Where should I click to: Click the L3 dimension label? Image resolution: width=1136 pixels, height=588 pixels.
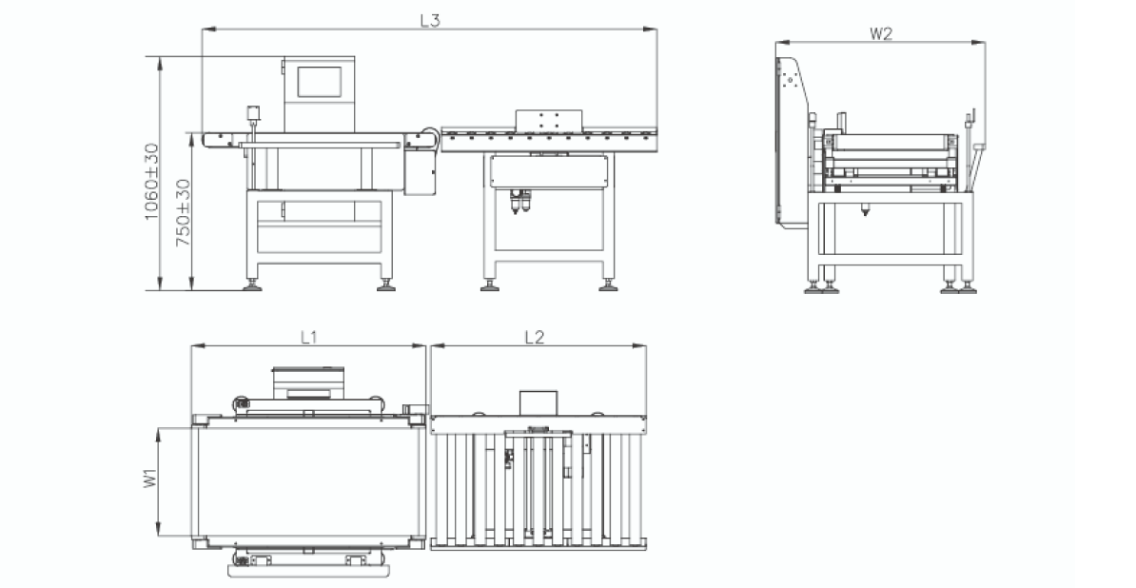[x=430, y=20]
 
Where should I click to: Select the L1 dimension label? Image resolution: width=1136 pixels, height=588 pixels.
[x=309, y=337]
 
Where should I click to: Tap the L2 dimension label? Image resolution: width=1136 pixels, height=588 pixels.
[x=534, y=337]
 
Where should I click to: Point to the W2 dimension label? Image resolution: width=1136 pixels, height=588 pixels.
[x=880, y=33]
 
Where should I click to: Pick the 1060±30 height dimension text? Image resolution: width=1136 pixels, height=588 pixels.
[x=150, y=181]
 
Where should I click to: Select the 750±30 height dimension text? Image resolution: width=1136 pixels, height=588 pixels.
[x=183, y=212]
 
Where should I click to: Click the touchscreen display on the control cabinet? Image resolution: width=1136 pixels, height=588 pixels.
[x=319, y=82]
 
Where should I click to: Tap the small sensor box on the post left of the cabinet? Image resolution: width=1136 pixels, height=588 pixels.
[x=254, y=112]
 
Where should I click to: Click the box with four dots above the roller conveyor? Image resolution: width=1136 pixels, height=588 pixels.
[x=548, y=120]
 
